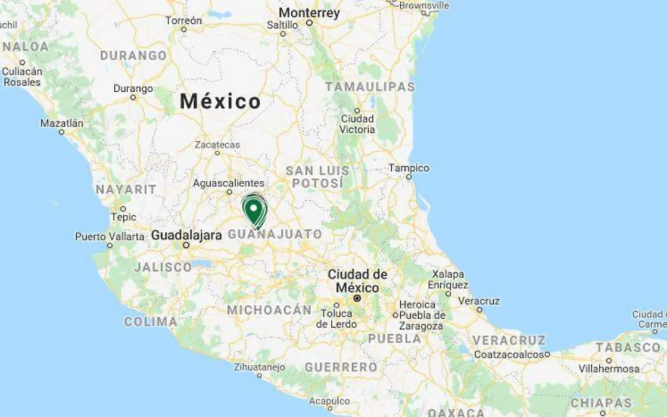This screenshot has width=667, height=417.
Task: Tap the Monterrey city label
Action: pos(309,13)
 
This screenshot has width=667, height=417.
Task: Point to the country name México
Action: pos(220,102)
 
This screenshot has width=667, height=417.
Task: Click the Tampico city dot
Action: pos(409,177)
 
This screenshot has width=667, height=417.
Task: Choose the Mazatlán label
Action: pos(62,123)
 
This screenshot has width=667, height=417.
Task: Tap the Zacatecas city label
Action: pos(217,145)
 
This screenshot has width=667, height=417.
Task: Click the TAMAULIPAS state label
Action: pos(370,87)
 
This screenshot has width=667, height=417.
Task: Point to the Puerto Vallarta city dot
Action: pos(110,245)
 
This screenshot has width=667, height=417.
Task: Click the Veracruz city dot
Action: pos(479,310)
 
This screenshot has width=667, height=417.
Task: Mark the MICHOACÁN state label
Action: pos(269,310)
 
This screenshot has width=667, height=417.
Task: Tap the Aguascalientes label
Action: pos(228,183)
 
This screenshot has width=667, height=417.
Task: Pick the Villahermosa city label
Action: pos(609,369)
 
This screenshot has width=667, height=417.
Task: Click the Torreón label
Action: pos(183,21)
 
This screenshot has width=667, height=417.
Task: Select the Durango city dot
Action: pos(133,97)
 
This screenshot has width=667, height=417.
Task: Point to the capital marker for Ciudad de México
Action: pos(357,299)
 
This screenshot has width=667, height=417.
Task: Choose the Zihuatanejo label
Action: pos(259,367)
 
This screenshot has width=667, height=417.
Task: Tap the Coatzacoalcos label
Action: pos(509,354)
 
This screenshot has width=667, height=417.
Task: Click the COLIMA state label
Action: pos(151,321)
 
